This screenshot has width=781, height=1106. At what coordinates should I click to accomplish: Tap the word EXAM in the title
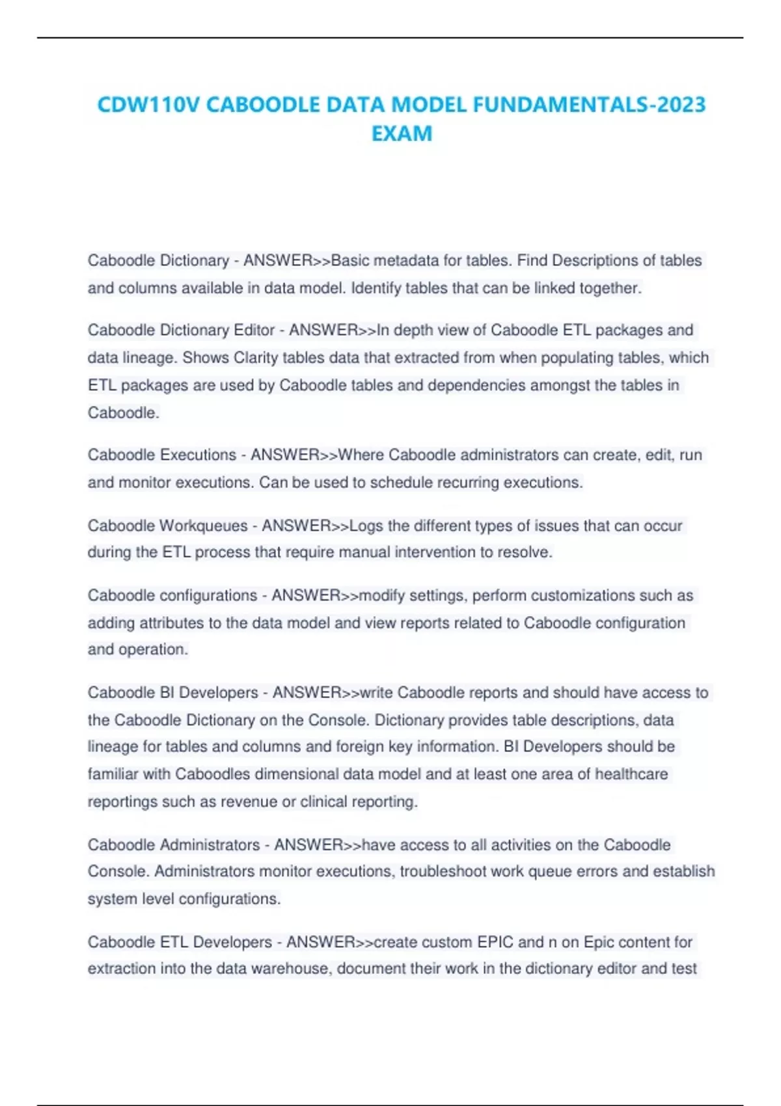[x=402, y=133]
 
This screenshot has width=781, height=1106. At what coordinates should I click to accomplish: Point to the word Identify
[x=376, y=288]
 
